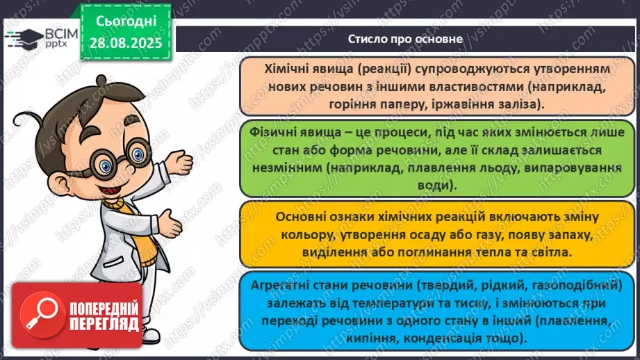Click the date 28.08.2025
(125, 43)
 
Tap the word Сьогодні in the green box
(125, 21)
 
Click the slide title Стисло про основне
(405, 39)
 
